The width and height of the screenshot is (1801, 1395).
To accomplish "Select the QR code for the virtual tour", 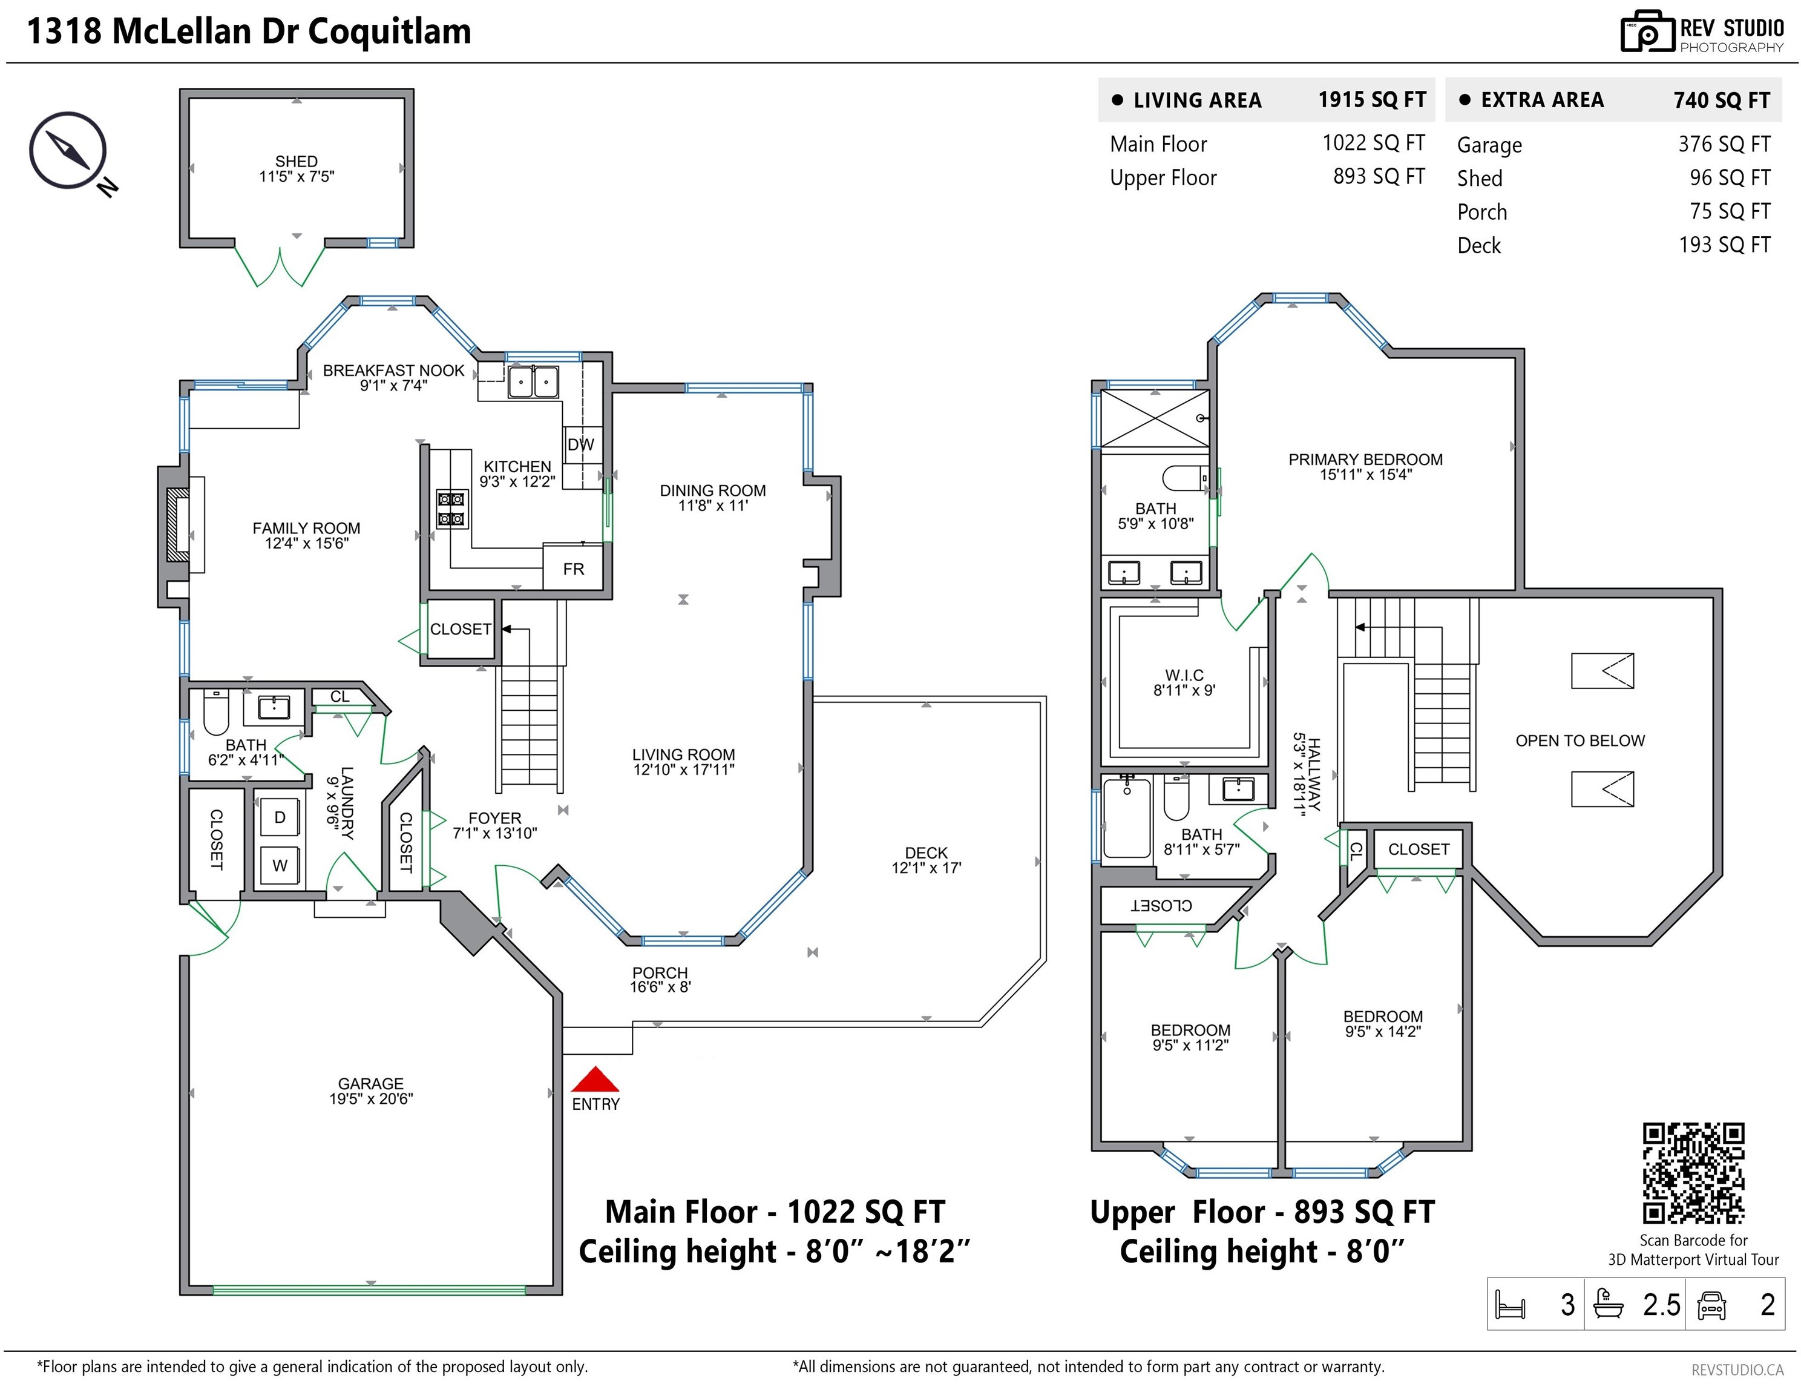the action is (x=1694, y=1172).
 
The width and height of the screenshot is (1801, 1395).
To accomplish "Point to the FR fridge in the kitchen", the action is (x=573, y=567).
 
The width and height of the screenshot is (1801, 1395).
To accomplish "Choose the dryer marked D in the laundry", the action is (x=280, y=817).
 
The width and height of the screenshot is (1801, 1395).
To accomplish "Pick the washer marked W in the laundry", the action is (x=280, y=865).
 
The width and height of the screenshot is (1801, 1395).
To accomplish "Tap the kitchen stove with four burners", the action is (x=451, y=509).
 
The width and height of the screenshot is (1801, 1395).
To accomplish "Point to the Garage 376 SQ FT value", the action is (x=1724, y=144).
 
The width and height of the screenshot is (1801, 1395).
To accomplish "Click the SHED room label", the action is (x=296, y=161).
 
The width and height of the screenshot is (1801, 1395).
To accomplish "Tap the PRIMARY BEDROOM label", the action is (x=1366, y=460).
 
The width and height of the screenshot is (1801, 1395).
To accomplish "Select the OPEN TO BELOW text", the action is (x=1580, y=741).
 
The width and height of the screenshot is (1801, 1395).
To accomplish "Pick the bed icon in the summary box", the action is (x=1511, y=1305).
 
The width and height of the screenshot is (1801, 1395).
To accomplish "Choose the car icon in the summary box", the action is (x=1712, y=1305).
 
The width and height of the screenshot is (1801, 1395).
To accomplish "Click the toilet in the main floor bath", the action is (x=215, y=714).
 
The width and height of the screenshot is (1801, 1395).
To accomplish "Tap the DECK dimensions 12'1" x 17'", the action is (x=926, y=868).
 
